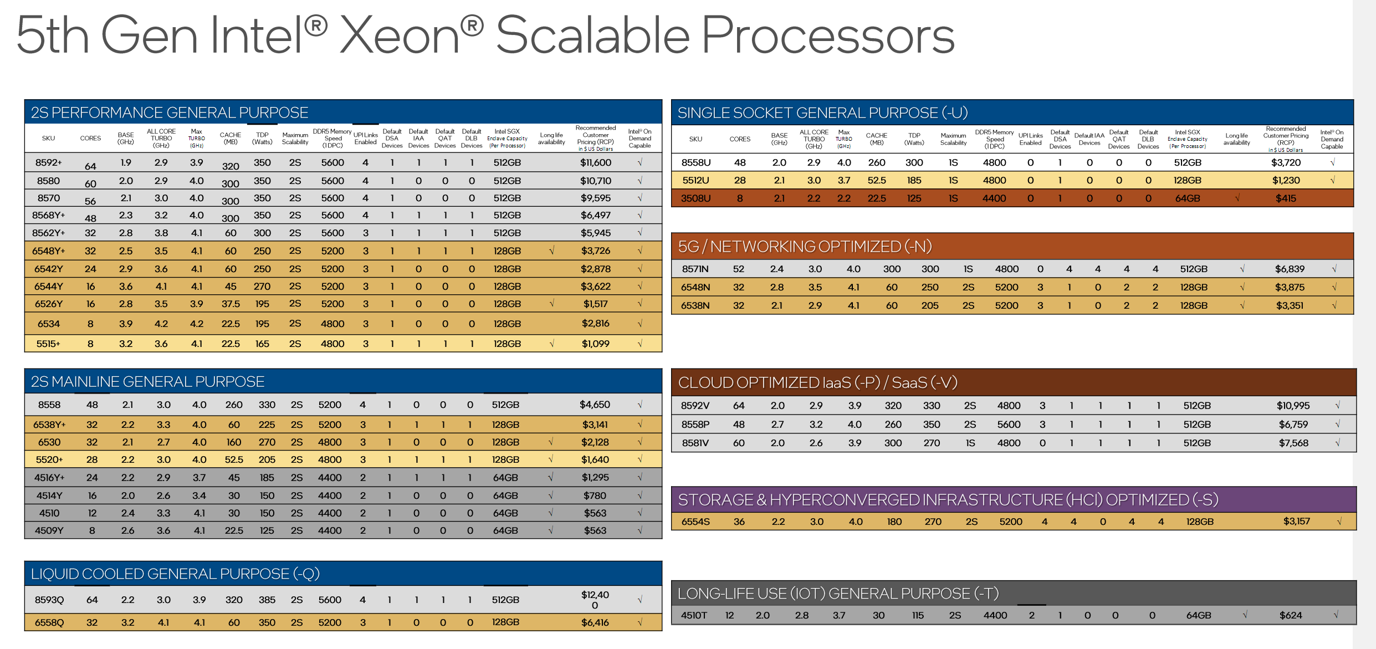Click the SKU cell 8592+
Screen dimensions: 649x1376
tap(49, 162)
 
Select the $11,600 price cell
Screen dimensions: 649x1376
tap(596, 162)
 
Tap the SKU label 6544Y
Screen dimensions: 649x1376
tap(49, 287)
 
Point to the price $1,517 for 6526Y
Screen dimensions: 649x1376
tap(596, 304)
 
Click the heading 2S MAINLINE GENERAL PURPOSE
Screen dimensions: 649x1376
tap(147, 382)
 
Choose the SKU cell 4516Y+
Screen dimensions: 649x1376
tap(49, 477)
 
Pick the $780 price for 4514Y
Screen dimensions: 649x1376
tap(595, 495)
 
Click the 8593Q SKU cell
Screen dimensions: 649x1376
tap(49, 600)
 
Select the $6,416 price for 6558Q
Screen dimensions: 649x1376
tap(595, 622)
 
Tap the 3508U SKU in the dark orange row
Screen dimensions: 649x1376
tap(695, 198)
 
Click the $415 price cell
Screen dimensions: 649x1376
tap(1286, 198)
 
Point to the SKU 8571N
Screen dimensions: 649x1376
tap(695, 269)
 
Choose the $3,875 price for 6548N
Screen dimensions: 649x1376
tap(1290, 287)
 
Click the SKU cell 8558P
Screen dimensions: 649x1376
tap(695, 425)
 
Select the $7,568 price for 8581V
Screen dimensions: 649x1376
tap(1293, 443)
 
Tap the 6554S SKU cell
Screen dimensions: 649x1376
tap(695, 522)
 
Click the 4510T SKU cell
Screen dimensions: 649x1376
tap(694, 615)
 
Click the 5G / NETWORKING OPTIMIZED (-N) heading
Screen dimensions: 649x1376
tap(805, 247)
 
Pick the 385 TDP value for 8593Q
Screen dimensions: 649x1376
tap(267, 600)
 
